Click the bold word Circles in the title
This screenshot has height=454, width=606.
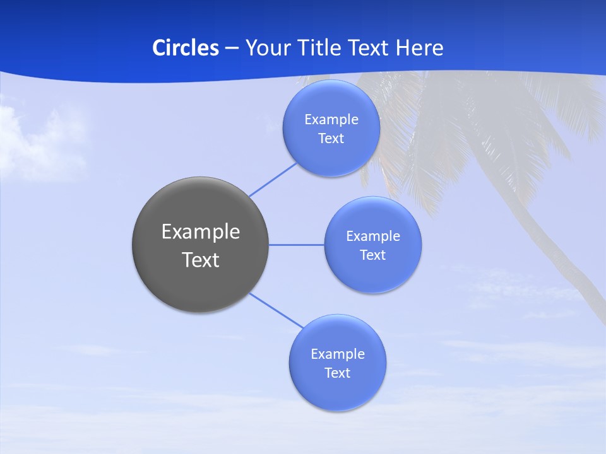tap(186, 48)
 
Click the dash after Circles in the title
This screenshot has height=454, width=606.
tap(232, 49)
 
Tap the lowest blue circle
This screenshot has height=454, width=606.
tap(337, 391)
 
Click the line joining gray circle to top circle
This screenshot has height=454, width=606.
tap(273, 179)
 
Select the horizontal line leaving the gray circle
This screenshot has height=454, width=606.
tap(296, 245)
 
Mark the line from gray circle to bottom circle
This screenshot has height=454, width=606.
tap(276, 311)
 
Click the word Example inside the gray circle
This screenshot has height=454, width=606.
tap(201, 232)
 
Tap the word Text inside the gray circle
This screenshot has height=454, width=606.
tap(201, 260)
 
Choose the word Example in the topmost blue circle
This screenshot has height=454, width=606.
tap(331, 120)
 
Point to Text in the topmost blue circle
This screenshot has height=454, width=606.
tap(331, 139)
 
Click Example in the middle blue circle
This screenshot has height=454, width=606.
tap(372, 236)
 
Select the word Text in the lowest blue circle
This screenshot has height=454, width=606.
tap(337, 373)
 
